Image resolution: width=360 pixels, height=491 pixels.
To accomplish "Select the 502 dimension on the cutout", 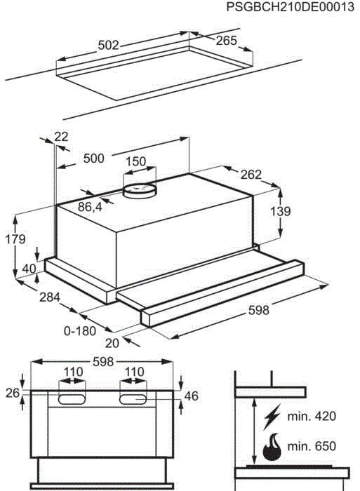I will pos(107,45).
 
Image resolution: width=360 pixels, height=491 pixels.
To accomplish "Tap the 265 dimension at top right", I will pos(226,41).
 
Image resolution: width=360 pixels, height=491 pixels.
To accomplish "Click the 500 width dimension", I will pos(93,159).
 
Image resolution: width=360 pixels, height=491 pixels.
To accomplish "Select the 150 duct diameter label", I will pos(135,162).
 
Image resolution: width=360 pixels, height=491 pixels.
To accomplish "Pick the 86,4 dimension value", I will pos(89,207).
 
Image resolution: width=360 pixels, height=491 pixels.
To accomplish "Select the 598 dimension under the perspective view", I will pos(259,309).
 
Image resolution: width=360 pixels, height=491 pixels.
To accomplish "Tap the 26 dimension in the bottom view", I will pos(11,394).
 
